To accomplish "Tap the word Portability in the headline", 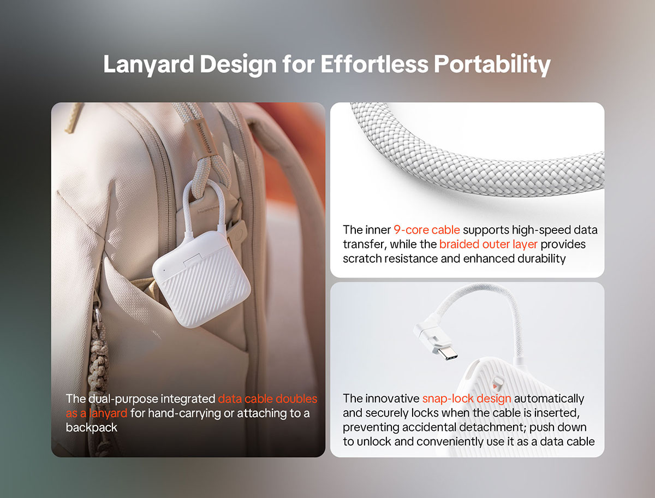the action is [492, 65].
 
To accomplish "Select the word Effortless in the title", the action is [374, 64].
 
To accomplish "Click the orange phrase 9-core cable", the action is [427, 230].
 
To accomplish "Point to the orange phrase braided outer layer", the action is [488, 245].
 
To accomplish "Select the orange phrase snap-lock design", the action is [467, 399].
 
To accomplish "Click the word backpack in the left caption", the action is [91, 428].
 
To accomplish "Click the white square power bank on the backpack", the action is [201, 278].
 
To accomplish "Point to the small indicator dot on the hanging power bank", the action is [164, 270].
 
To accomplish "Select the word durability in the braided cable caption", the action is [541, 259].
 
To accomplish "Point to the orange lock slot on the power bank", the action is [496, 387].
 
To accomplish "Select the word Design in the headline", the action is [238, 65].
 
